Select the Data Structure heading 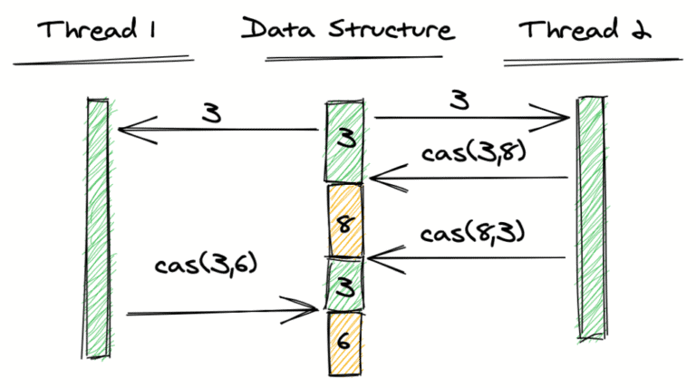(347, 29)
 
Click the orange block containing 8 (344, 220)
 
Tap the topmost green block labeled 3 (345, 141)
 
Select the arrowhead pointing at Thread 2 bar (562, 117)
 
